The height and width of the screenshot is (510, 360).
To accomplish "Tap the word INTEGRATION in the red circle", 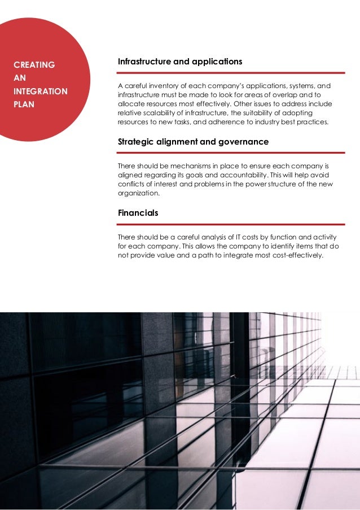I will point(40,91).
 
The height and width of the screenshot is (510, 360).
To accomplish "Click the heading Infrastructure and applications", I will point(180,61).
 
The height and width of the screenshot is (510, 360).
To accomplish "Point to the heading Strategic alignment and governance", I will point(193,142).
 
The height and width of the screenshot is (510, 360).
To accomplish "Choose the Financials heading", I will point(138,213).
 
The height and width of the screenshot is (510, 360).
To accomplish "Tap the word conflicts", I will point(131,184).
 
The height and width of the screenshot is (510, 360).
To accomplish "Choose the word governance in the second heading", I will point(244,142).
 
